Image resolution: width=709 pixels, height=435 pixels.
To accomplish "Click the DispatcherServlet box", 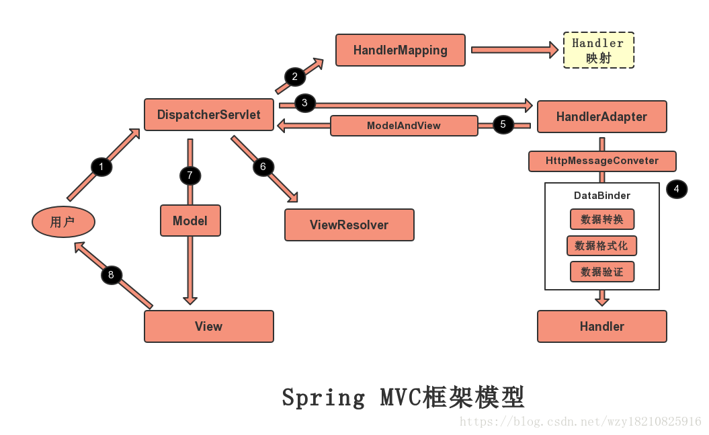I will (x=209, y=115).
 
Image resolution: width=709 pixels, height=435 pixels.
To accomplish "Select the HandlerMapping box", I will (x=401, y=50).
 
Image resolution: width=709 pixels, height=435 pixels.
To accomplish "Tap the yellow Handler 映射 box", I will (x=598, y=50).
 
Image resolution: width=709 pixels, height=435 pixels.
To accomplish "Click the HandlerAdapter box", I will (x=601, y=117).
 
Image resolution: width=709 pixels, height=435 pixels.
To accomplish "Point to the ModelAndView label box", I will (x=404, y=126).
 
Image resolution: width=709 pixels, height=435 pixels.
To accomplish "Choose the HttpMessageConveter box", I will (x=602, y=161).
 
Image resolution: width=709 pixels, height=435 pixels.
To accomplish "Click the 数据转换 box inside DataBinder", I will (x=602, y=219).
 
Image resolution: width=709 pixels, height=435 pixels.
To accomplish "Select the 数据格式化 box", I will (x=602, y=245).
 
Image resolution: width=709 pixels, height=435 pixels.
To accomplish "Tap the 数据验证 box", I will (x=602, y=272).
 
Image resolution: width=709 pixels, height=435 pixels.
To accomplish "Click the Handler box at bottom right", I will (x=602, y=326).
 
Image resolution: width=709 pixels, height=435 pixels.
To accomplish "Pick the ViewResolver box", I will (x=349, y=225).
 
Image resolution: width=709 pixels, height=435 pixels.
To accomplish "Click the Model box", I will (x=190, y=221).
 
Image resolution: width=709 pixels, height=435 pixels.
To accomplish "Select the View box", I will (x=209, y=326).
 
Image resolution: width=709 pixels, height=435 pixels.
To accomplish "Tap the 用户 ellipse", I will (x=63, y=222).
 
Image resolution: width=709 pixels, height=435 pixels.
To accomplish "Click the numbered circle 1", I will (x=101, y=166).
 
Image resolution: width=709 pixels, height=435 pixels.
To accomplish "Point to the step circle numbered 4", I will (x=677, y=190).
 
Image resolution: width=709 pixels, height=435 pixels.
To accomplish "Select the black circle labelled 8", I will (x=112, y=274).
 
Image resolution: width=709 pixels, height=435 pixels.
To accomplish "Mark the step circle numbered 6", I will (x=263, y=166).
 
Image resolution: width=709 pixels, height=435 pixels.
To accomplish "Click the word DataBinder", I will (x=602, y=196).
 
